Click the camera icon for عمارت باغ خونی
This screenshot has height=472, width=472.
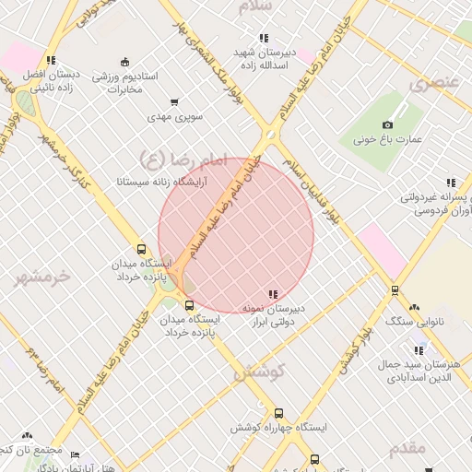pyautogui.click(x=387, y=124)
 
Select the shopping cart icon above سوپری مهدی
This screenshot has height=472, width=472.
pyautogui.click(x=174, y=102)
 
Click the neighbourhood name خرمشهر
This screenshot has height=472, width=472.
pyautogui.click(x=43, y=276)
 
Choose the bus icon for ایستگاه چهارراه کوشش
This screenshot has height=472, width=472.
pyautogui.click(x=279, y=414)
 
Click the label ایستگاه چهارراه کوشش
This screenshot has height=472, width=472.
pyautogui.click(x=279, y=429)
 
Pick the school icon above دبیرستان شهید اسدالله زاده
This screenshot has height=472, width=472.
pyautogui.click(x=264, y=38)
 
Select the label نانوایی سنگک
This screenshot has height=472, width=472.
pyautogui.click(x=413, y=322)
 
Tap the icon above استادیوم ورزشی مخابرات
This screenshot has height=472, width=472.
pyautogui.click(x=124, y=62)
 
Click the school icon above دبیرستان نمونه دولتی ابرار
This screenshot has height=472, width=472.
pyautogui.click(x=271, y=294)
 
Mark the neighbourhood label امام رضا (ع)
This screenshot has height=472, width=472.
pyautogui.click(x=182, y=159)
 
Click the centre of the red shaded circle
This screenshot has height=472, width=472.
pyautogui.click(x=236, y=235)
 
